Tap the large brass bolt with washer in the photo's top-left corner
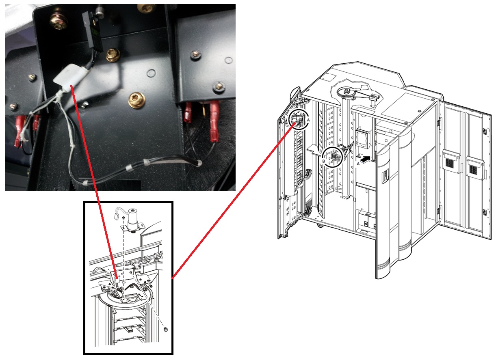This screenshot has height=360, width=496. coord(58,22)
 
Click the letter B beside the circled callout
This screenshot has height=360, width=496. coord(323,161)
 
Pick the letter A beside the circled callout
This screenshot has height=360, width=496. coord(308,120)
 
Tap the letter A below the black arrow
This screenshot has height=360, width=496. coord(358,164)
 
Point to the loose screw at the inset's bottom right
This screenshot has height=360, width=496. coord(165,330)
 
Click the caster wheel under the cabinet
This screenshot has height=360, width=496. coord(320,225)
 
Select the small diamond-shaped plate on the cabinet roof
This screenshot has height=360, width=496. coord(328,78)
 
